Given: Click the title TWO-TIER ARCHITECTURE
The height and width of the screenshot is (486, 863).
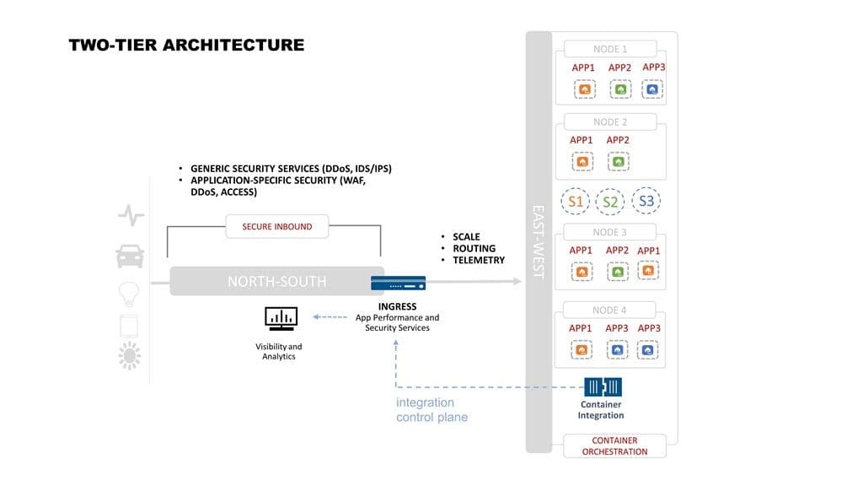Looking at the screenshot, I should pyautogui.click(x=186, y=45).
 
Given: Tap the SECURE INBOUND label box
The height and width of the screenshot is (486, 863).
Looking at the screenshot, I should pyautogui.click(x=277, y=226).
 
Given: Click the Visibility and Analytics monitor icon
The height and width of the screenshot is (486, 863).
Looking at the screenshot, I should pyautogui.click(x=281, y=318).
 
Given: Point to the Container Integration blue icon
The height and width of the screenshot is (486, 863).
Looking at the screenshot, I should pyautogui.click(x=603, y=387).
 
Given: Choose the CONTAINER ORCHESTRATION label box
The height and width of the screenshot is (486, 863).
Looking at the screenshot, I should pyautogui.click(x=614, y=445).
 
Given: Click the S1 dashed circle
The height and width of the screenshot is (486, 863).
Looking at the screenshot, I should pyautogui.click(x=576, y=202).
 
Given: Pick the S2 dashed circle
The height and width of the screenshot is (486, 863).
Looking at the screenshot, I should pyautogui.click(x=610, y=202).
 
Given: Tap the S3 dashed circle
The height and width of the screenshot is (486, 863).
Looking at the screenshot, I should pyautogui.click(x=646, y=201).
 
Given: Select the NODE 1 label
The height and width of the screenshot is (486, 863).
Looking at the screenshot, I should pyautogui.click(x=610, y=49).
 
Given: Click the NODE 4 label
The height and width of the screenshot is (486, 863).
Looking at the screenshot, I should pyautogui.click(x=609, y=310).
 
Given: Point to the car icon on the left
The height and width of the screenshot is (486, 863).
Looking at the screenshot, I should pyautogui.click(x=130, y=254).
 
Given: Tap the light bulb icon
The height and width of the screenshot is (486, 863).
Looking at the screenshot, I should pyautogui.click(x=129, y=293).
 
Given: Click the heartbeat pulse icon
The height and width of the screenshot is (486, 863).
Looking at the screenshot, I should pyautogui.click(x=131, y=217).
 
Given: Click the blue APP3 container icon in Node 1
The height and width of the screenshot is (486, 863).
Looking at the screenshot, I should pyautogui.click(x=652, y=89).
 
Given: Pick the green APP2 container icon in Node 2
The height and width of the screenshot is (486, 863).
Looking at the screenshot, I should pyautogui.click(x=618, y=161).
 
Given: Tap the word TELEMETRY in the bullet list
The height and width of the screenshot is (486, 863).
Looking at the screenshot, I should pyautogui.click(x=479, y=260).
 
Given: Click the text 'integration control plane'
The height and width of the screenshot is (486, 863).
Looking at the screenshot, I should pyautogui.click(x=431, y=410).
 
